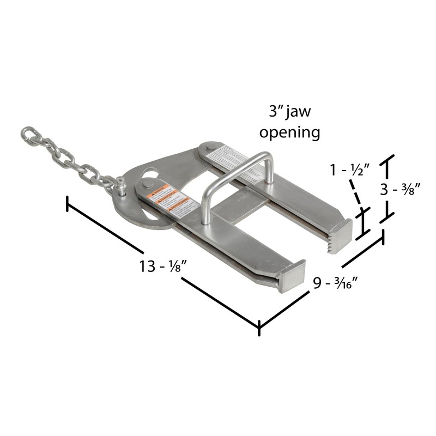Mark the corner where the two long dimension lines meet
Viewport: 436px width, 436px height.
click(259, 328)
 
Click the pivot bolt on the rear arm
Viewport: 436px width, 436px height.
click(209, 147)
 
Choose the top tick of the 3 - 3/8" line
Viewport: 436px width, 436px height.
click(389, 160)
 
